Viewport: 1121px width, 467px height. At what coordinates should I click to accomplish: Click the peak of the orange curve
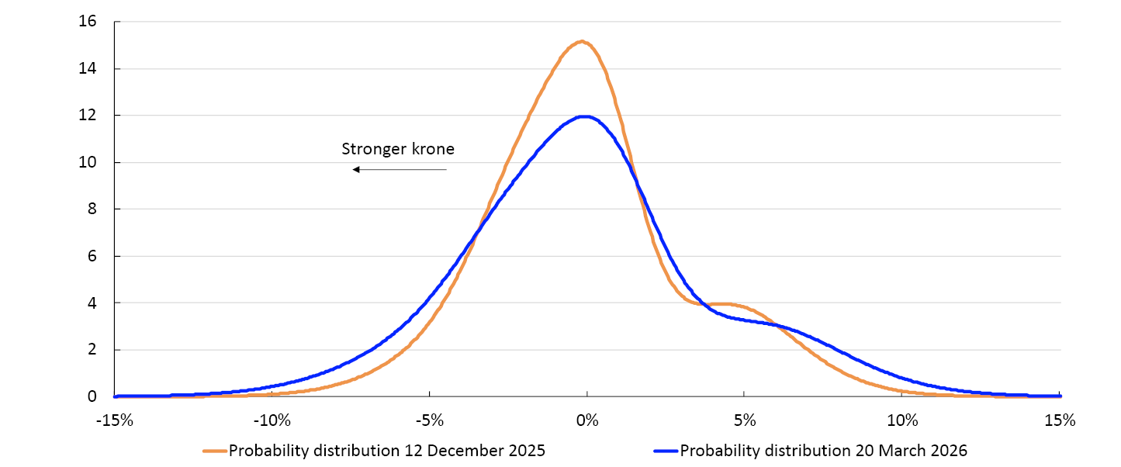point(582,41)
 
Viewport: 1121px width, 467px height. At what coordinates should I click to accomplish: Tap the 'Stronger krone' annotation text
point(397,149)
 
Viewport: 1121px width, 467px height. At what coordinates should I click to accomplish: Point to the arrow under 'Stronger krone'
point(400,169)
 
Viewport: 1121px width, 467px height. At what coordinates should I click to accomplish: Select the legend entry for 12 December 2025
point(386,451)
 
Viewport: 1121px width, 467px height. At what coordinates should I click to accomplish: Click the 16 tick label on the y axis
point(87,22)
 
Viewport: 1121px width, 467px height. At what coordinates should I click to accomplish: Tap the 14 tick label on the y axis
point(87,69)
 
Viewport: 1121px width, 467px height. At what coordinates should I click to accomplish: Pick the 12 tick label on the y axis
point(87,116)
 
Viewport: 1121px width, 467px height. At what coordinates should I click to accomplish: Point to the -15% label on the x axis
point(115,421)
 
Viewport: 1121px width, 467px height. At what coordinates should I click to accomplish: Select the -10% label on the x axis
point(272,421)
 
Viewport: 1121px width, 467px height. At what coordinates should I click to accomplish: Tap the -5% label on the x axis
point(430,421)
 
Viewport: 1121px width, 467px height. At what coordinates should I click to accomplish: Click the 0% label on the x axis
point(587,421)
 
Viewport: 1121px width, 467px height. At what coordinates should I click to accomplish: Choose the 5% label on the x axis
point(745,421)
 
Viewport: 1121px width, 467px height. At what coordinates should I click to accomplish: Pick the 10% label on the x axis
point(902,421)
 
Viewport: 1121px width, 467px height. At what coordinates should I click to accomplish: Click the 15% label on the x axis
point(1060,421)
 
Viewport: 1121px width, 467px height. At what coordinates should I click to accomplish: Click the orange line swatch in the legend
point(215,451)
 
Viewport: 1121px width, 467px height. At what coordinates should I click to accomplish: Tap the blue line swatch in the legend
point(666,451)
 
